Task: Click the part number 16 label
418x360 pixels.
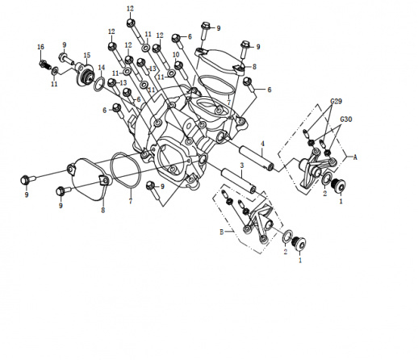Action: (40, 47)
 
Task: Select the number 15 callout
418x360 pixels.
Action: (87, 56)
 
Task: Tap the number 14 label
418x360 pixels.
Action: (101, 67)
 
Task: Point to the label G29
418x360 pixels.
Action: (336, 102)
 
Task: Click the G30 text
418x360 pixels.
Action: (346, 119)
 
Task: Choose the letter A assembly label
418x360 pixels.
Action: (355, 157)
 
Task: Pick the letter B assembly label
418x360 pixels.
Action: (222, 232)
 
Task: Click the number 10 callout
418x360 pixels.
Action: (176, 55)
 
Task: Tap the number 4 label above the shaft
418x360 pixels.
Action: (262, 144)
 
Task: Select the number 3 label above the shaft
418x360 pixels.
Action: (242, 165)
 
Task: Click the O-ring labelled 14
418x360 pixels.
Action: (99, 83)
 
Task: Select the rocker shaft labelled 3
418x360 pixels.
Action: (238, 180)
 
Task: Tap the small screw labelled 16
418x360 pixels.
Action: (45, 65)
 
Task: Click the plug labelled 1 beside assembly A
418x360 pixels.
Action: (338, 186)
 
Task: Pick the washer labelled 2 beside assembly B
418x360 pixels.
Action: (288, 236)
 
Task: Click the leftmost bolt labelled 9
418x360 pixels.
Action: (27, 179)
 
